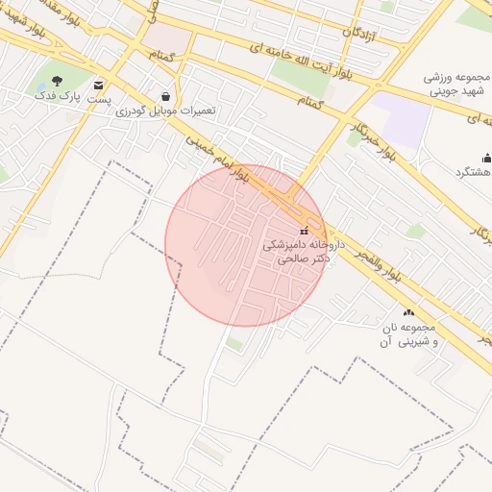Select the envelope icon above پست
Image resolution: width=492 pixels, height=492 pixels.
pos(100,85)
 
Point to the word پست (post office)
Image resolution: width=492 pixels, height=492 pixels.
pos(100,99)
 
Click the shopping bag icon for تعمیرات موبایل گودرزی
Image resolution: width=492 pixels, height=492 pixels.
pos(166,96)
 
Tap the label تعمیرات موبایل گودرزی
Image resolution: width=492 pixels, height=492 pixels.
pos(166,111)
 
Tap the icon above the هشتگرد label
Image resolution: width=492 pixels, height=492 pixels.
pos(486,158)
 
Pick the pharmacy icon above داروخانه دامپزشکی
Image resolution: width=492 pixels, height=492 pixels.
pos(305,231)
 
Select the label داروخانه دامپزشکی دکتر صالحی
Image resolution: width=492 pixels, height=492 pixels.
pos(297,252)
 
